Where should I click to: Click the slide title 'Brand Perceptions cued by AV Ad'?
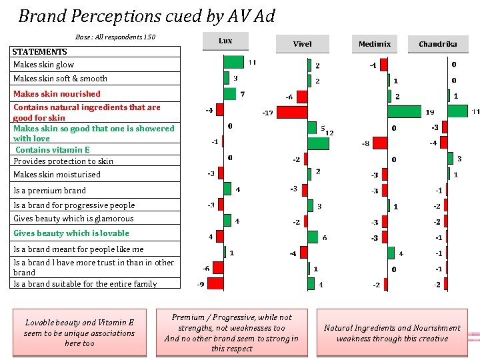[146, 15]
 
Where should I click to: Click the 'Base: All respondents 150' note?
[115, 37]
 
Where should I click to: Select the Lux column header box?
[225, 41]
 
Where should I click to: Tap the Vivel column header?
[302, 44]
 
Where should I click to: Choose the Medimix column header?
[375, 44]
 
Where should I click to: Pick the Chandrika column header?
[438, 44]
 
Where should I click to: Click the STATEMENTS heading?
[40, 51]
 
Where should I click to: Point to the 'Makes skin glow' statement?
[44, 65]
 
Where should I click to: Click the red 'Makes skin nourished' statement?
[57, 94]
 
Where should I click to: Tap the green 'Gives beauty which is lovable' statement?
[71, 233]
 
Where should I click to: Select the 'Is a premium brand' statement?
[50, 191]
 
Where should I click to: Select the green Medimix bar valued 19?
[404, 111]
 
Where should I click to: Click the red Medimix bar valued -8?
[380, 143]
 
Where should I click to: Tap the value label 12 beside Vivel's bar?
[329, 133]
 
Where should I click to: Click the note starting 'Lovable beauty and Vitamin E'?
[79, 333]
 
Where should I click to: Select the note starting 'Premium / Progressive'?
[231, 333]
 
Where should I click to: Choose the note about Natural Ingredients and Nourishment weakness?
[392, 333]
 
